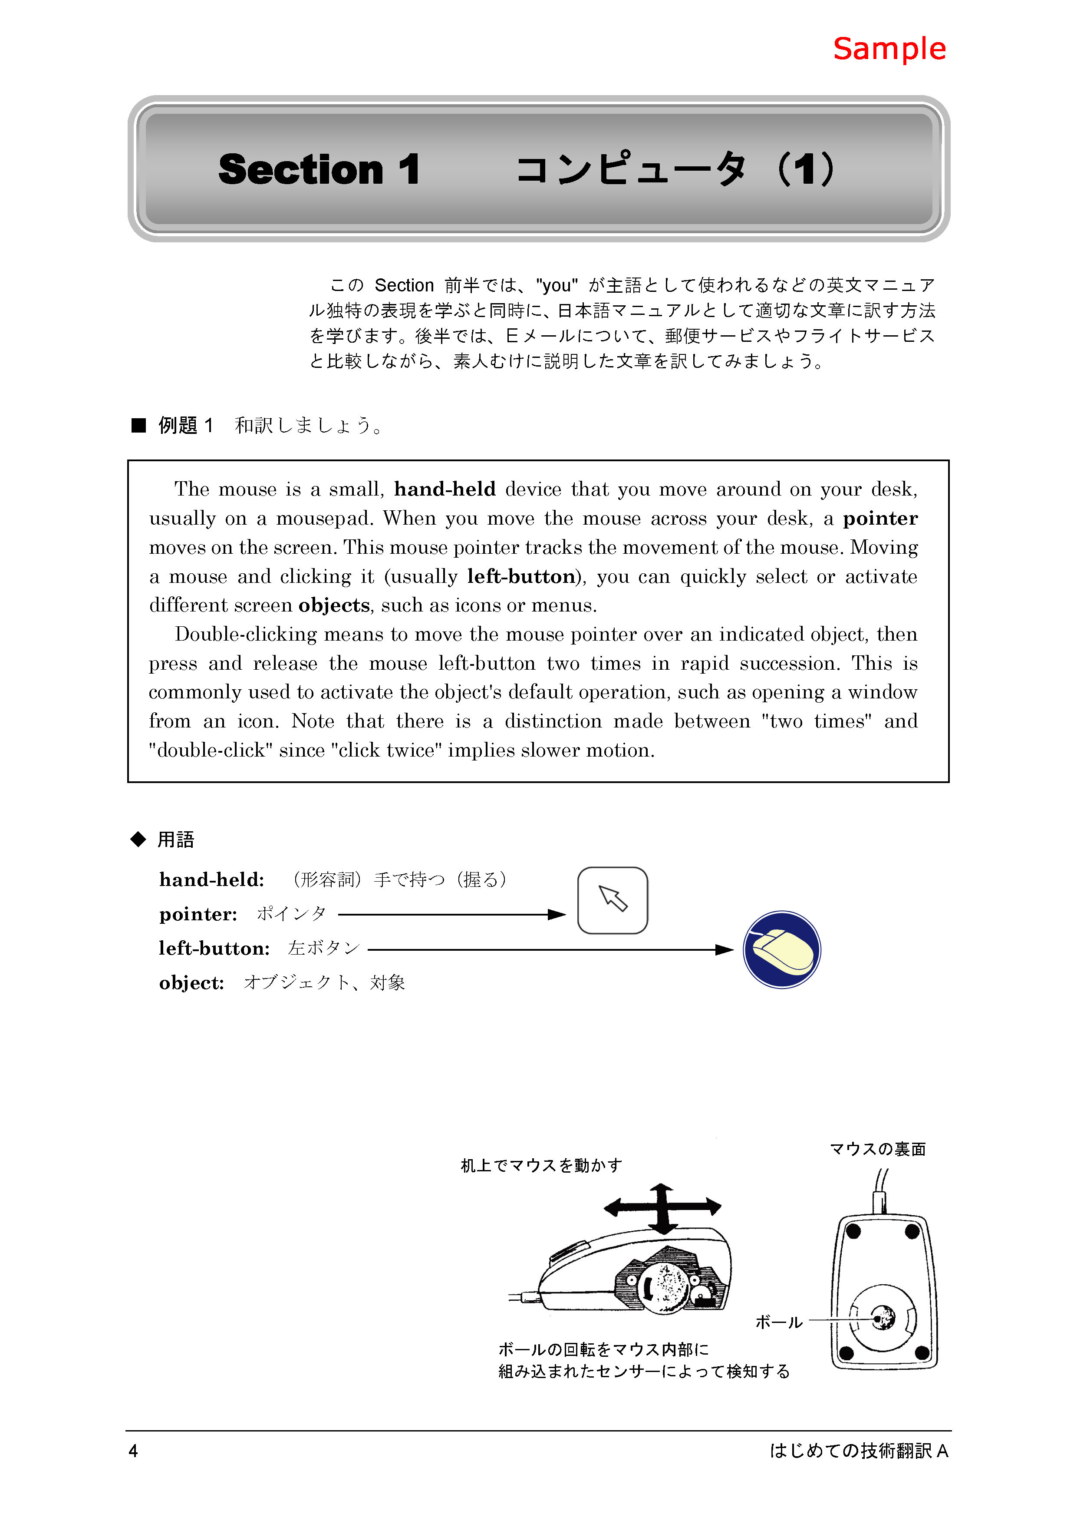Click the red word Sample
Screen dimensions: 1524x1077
pos(889,49)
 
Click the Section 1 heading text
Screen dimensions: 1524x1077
pos(319,169)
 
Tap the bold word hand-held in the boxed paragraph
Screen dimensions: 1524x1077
pos(445,489)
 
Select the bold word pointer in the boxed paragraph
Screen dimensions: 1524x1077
pos(880,519)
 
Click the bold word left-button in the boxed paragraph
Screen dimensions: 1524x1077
pos(521,576)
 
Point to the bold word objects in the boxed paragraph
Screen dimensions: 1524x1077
pos(334,605)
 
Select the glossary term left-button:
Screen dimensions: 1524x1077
pos(214,949)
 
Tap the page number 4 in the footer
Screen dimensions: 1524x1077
pos(133,1451)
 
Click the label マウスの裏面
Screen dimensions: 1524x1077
pos(877,1149)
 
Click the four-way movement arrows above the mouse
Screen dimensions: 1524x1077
pos(662,1208)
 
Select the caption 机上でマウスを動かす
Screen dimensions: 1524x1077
pos(541,1166)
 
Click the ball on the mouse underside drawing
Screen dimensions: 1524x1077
pos(883,1317)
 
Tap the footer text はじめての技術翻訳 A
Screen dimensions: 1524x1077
pos(859,1451)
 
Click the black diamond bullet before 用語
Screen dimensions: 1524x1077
pos(138,840)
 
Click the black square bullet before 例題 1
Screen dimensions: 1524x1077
pos(138,426)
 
